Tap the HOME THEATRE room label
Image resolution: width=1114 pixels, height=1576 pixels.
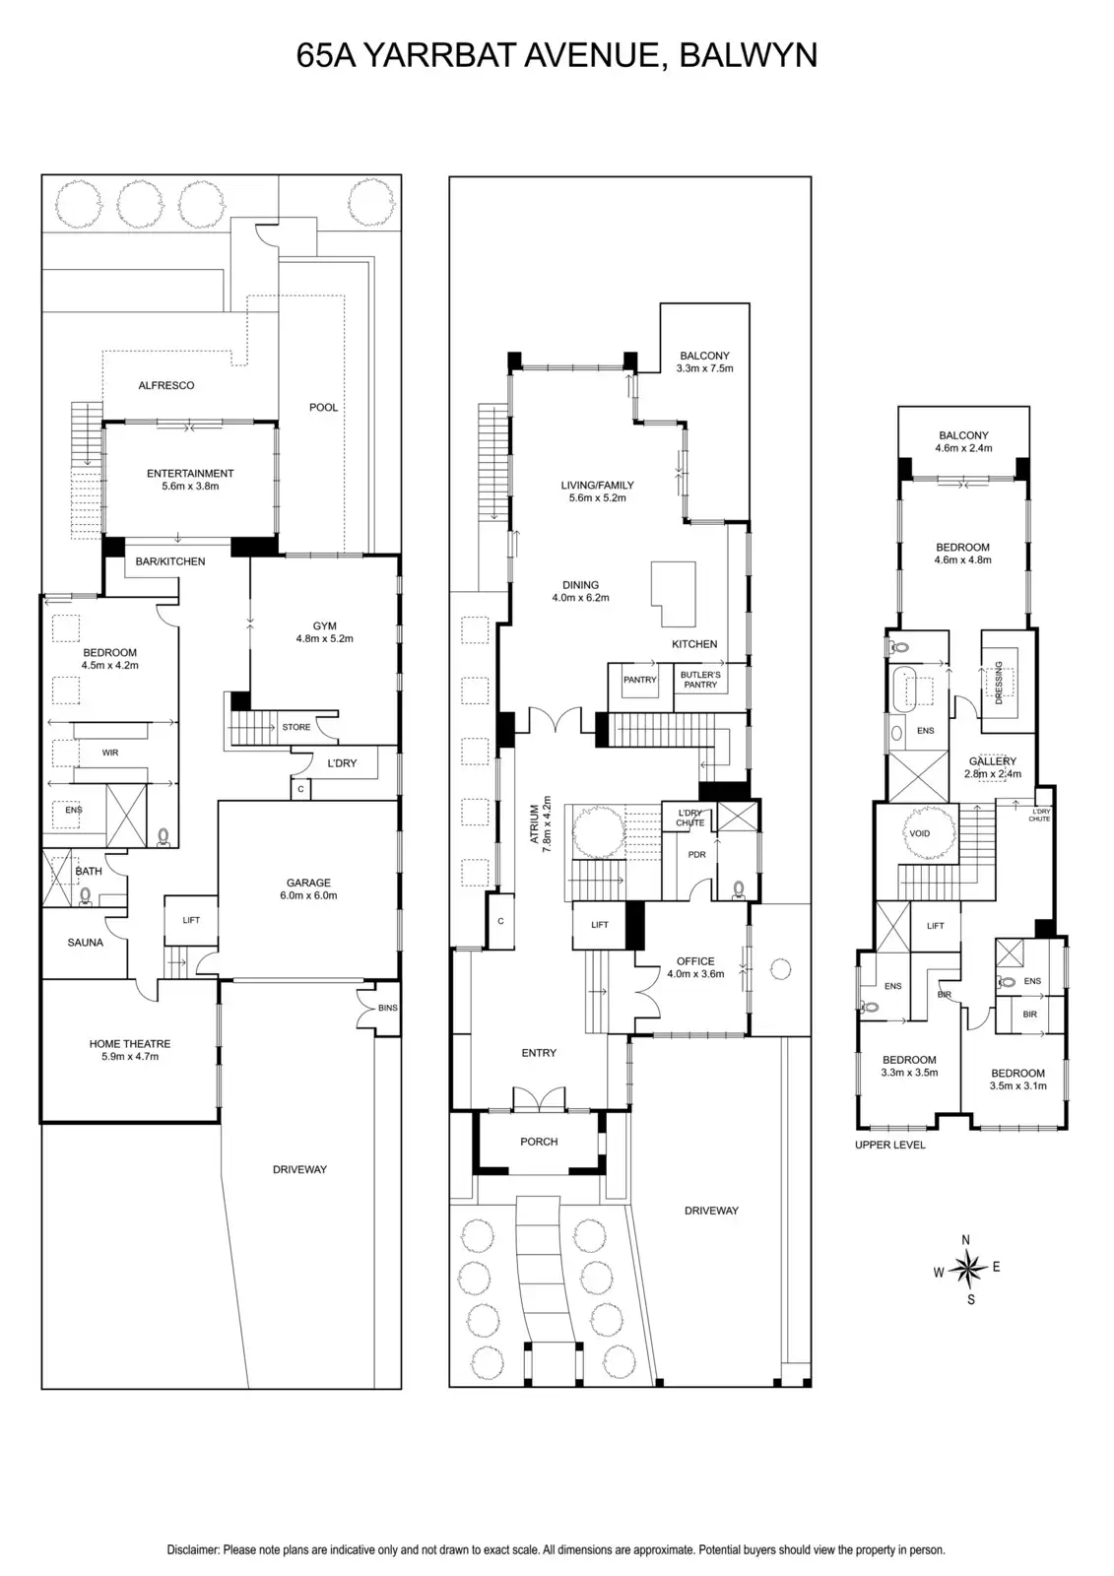tap(130, 1044)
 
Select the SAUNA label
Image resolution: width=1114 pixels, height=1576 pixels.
tap(86, 943)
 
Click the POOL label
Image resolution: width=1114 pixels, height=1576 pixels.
tap(323, 407)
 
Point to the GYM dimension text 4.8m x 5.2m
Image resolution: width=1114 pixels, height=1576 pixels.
tap(324, 638)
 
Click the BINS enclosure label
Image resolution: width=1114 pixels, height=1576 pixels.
tap(387, 1008)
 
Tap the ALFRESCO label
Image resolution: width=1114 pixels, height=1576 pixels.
tap(166, 385)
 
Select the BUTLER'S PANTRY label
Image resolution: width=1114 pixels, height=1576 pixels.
tap(700, 680)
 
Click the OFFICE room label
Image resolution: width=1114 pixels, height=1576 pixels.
tap(695, 961)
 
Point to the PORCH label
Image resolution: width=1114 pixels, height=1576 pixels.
tap(539, 1142)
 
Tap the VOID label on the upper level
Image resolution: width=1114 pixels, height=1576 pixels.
tap(919, 833)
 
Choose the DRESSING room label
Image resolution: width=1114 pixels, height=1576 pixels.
tap(999, 683)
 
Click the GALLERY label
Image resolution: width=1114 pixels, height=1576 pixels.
tap(992, 761)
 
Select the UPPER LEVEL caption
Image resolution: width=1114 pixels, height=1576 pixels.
tap(890, 1145)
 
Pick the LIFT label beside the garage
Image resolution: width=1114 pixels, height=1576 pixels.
tap(191, 920)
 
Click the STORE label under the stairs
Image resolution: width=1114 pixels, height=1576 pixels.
tap(295, 727)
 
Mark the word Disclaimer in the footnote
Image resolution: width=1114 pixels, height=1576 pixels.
tap(192, 1550)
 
